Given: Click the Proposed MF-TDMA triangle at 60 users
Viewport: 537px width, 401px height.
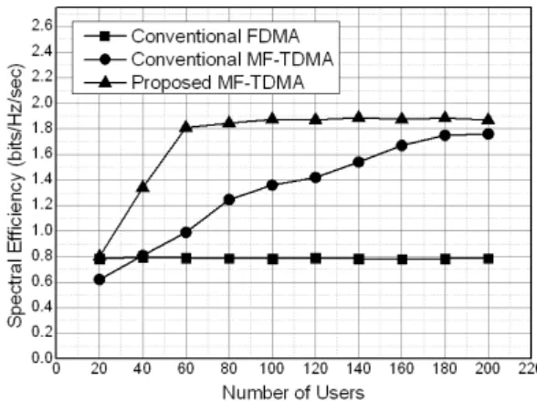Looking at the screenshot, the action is [x=186, y=126].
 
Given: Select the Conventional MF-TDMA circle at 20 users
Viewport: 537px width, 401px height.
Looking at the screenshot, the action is [x=100, y=280].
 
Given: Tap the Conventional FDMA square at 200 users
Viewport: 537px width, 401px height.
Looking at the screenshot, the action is [x=489, y=259].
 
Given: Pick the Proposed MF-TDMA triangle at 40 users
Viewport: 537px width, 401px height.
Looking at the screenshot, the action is [x=142, y=186].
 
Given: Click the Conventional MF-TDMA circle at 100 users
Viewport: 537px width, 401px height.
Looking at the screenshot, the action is [x=272, y=185].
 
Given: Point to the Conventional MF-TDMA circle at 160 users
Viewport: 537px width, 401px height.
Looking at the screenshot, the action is [x=402, y=146].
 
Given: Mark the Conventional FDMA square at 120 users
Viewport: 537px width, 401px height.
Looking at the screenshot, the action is [x=316, y=259].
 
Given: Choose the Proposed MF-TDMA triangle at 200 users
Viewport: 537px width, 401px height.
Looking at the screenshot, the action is [x=489, y=119].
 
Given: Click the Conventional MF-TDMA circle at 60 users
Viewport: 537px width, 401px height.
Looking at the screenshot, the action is [x=186, y=233].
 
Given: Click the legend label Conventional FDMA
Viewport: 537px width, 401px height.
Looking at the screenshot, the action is [x=216, y=36].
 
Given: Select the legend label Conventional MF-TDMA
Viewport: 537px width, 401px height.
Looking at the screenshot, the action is [x=232, y=58].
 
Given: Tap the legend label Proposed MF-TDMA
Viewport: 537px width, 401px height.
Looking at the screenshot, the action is [x=217, y=82].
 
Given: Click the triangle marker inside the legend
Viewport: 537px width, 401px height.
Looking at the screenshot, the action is [x=105, y=82].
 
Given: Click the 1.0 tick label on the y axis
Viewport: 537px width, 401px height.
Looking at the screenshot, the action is [x=41, y=230].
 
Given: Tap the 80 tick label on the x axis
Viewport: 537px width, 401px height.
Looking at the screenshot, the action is [x=229, y=369].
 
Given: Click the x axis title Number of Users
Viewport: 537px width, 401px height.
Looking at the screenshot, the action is [x=294, y=393].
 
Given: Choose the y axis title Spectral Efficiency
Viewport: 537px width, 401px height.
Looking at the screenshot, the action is [x=16, y=195].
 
